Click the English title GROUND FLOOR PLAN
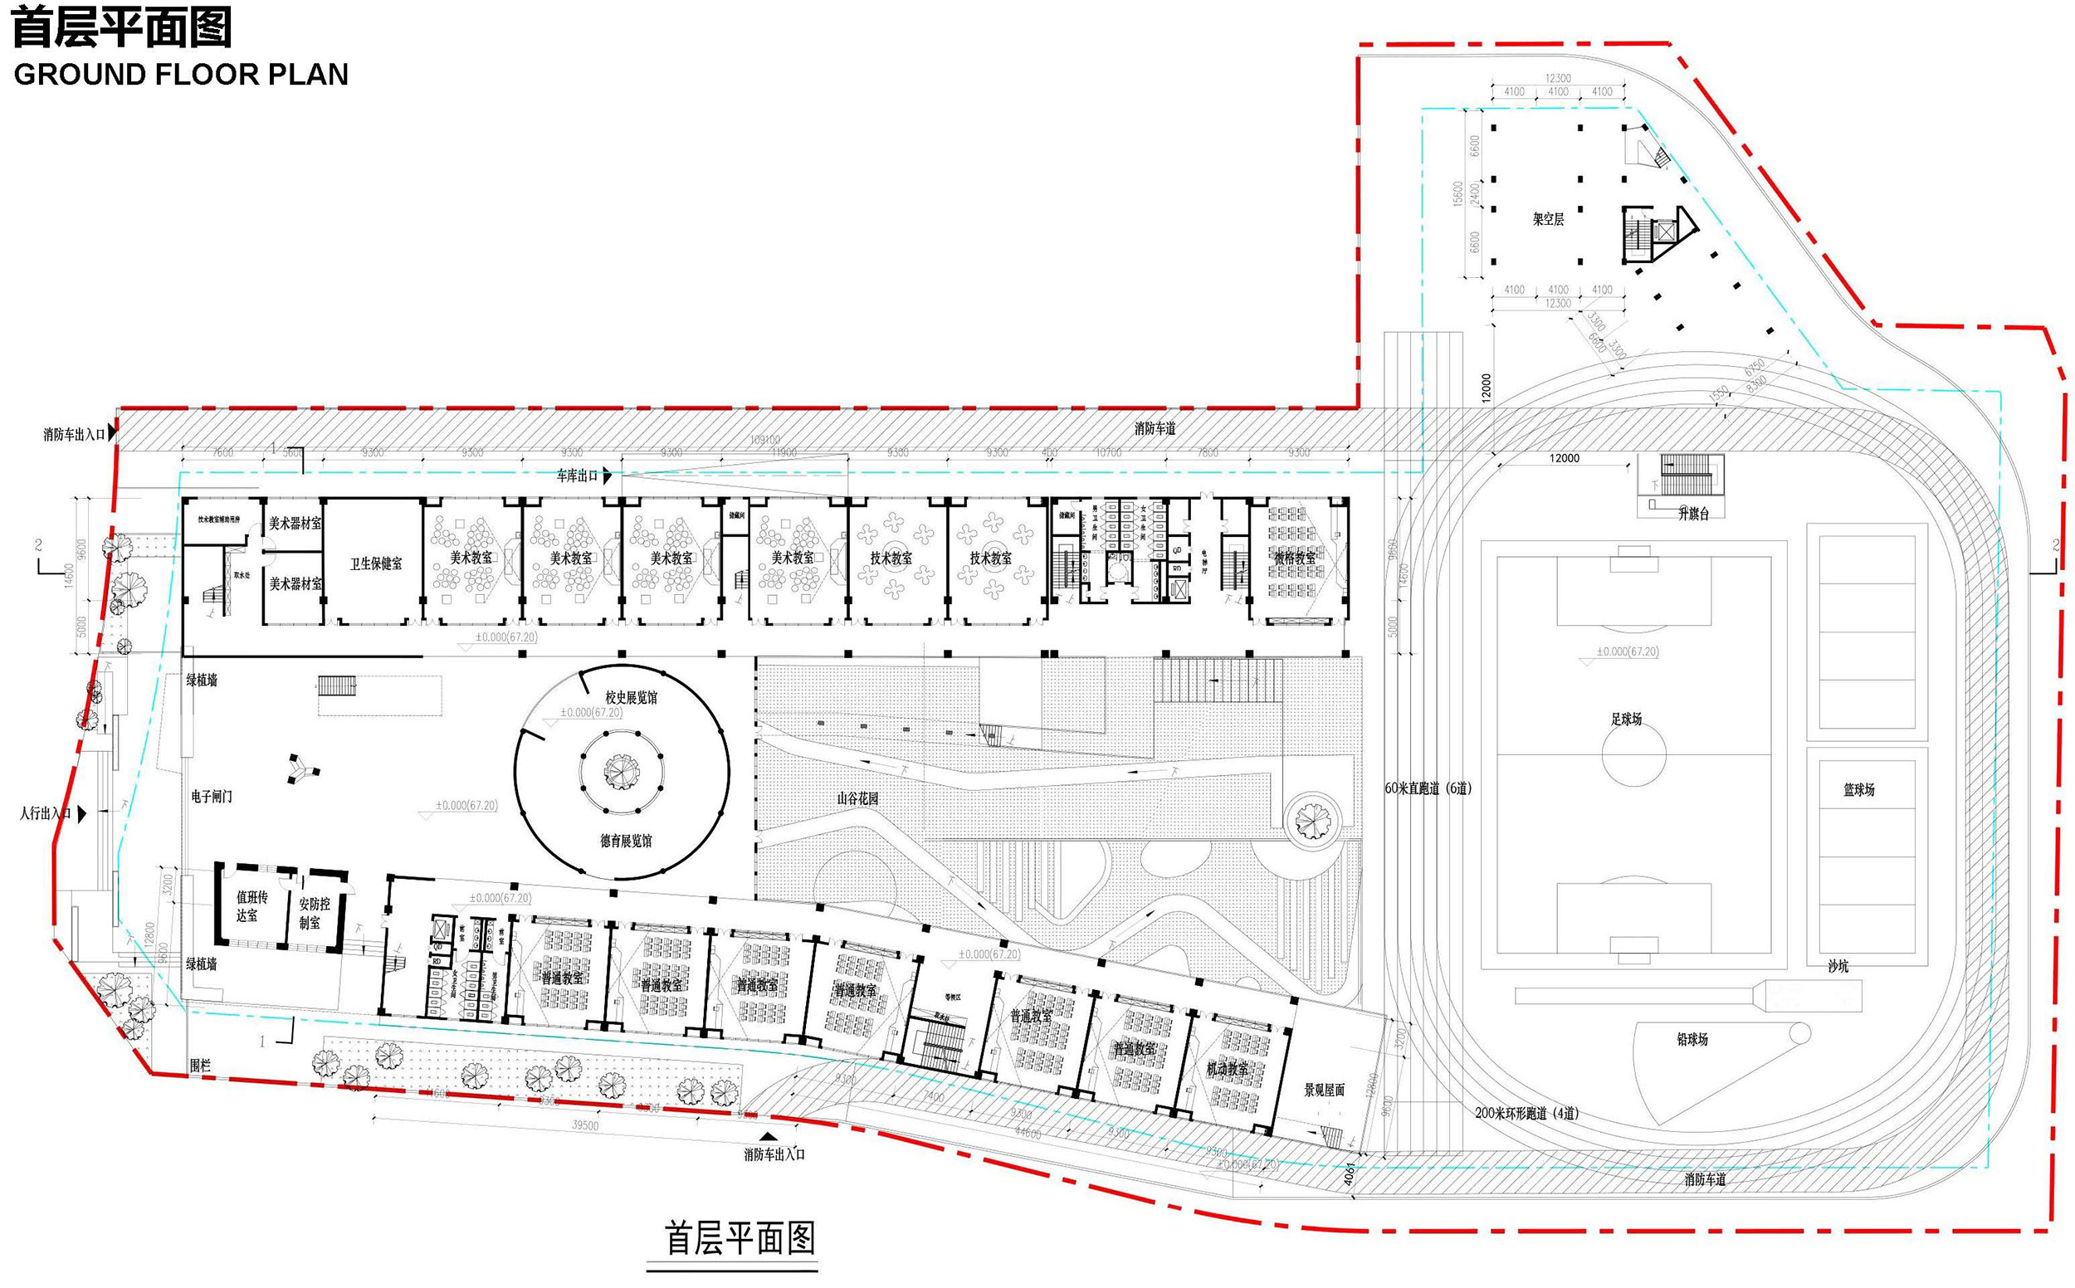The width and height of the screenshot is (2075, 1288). click(181, 75)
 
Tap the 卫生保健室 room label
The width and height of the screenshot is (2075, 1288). click(376, 564)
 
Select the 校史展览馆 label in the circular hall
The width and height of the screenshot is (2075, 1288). click(631, 698)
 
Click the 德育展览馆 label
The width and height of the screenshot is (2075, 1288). click(626, 841)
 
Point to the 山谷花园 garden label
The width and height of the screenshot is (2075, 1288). click(857, 798)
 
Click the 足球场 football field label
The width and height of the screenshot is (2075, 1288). click(1625, 719)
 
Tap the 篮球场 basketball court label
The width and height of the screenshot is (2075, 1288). click(1858, 790)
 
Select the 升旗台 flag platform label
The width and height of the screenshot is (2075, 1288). click(1693, 514)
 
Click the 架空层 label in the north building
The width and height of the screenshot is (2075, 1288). click(1548, 219)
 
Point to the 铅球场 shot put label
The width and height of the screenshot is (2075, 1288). click(1692, 1039)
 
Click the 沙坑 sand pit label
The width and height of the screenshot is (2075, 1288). click(1838, 966)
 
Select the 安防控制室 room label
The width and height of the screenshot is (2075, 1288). click(315, 913)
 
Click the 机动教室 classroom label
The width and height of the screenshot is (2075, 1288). click(1228, 1068)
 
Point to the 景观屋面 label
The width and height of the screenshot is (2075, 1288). click(1325, 1090)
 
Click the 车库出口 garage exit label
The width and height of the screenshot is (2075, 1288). click(578, 476)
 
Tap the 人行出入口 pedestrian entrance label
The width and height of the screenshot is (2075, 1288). click(45, 813)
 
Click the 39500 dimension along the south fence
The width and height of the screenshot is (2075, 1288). click(584, 1125)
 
